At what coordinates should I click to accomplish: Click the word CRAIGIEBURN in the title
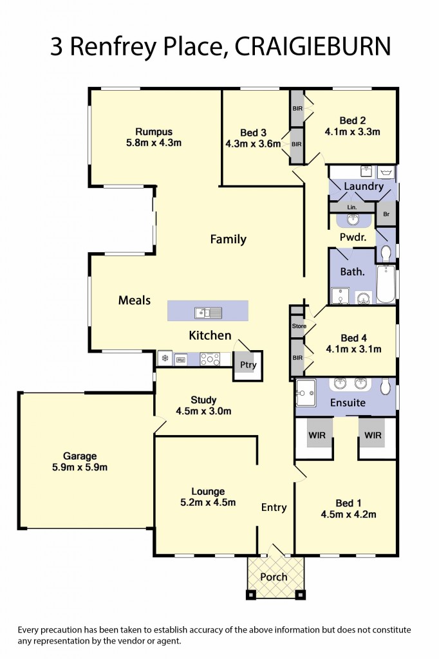click(313, 46)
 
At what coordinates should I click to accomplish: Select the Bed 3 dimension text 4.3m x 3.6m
click(253, 144)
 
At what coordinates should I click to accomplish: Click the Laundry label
click(364, 187)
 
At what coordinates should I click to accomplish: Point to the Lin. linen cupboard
click(351, 207)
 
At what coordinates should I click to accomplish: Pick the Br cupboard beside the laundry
click(386, 213)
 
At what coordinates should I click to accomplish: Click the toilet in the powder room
click(386, 252)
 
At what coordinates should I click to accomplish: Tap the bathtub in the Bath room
click(386, 284)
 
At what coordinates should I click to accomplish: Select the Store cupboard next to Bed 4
click(298, 326)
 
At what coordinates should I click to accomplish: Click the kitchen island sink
click(208, 313)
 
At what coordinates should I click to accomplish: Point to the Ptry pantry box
click(248, 365)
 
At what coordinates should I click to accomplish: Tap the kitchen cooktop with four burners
click(210, 359)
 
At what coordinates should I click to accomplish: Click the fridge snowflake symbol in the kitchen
click(165, 358)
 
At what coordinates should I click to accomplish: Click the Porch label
click(274, 577)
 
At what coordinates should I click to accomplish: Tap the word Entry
click(274, 508)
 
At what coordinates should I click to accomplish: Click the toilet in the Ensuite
click(385, 386)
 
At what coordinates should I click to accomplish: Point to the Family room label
click(229, 239)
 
